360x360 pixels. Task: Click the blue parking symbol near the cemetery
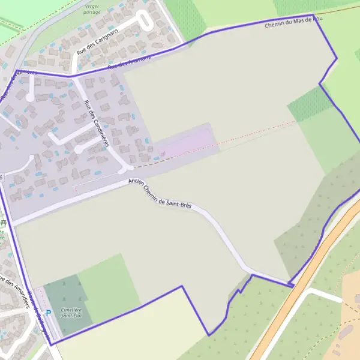pos(48,313)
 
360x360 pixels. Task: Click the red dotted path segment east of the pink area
pos(258,132)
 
